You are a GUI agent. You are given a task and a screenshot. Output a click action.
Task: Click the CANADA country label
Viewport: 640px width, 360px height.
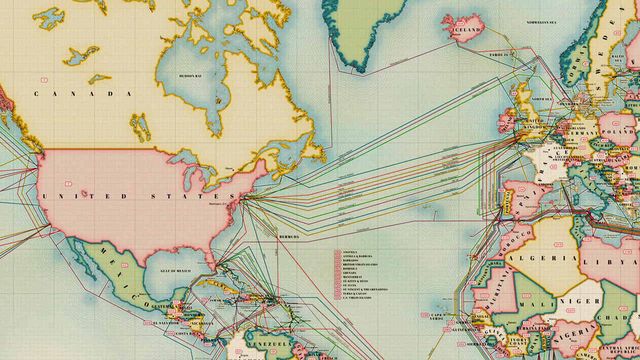pos(83,93)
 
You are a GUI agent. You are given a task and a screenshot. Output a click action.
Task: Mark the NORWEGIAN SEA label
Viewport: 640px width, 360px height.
pos(540,22)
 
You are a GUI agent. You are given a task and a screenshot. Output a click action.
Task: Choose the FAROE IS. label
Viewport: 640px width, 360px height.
pos(498,54)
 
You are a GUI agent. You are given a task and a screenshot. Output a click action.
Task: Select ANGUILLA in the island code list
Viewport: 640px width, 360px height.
pos(350,251)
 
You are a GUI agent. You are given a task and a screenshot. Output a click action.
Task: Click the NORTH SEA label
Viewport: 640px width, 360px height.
pos(541,99)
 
